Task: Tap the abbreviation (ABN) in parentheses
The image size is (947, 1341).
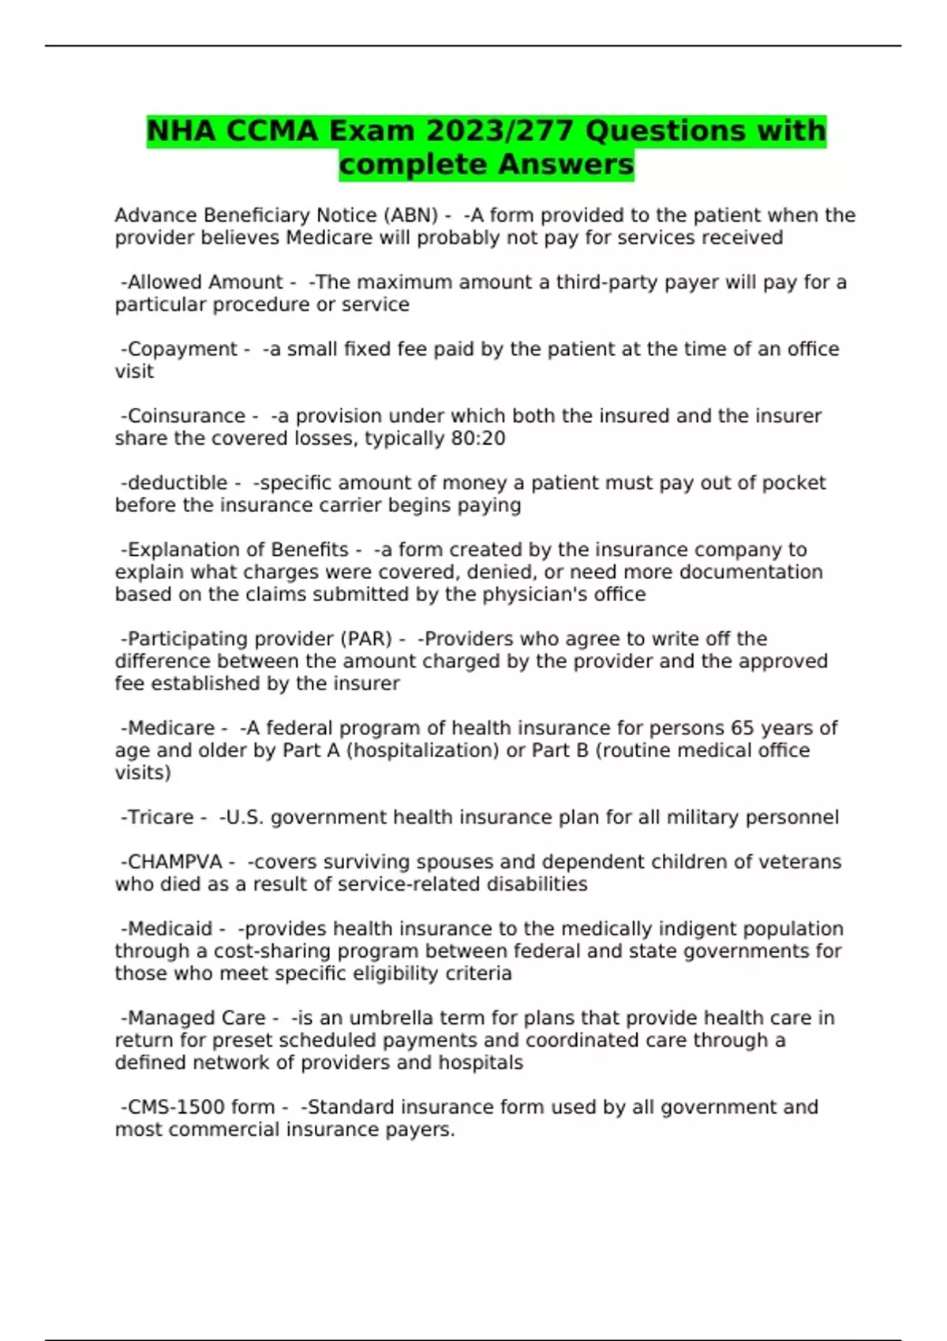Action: coord(411,215)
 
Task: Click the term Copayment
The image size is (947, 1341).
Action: coord(182,349)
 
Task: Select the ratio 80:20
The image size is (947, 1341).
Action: coord(478,438)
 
